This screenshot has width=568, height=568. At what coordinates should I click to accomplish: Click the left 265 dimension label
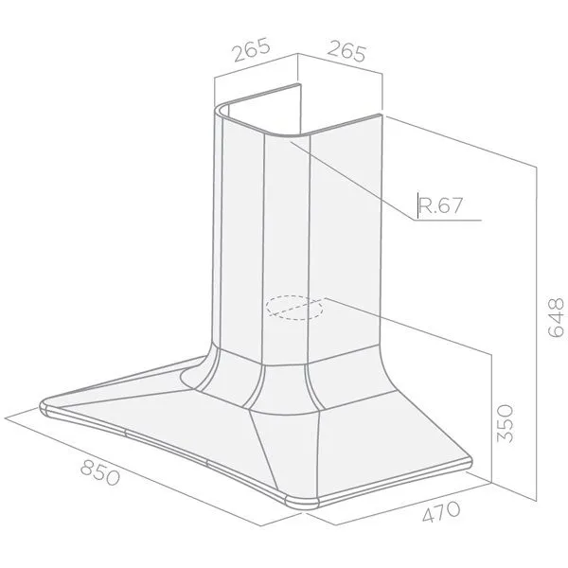point(252,49)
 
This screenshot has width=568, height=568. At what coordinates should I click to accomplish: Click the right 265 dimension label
point(346,51)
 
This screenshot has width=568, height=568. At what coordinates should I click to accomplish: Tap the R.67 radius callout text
point(440,205)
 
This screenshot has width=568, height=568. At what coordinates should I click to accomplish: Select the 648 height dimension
point(556,318)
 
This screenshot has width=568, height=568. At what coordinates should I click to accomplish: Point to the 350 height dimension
point(506,423)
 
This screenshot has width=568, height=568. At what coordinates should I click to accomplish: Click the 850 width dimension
point(100,472)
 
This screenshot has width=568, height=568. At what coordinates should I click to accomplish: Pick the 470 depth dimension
point(441,511)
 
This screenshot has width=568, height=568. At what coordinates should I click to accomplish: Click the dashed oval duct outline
point(294,308)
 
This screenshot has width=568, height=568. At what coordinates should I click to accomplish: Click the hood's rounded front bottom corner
point(303,503)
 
